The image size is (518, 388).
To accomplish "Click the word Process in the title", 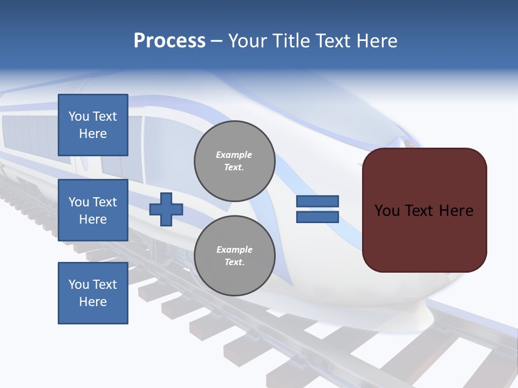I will pos(169,41).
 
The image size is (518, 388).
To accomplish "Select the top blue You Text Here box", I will pos(93,125).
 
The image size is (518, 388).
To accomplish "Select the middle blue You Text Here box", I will pos(93,210).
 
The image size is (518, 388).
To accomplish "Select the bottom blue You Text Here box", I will pos(93,293).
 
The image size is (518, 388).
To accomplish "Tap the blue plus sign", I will pos(166,209).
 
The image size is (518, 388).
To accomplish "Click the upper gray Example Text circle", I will pos(234,161).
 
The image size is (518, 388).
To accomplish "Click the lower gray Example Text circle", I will pos(234,256).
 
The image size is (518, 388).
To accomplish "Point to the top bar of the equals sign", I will pos(317,201).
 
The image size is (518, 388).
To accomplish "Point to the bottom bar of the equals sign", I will pos(317,217).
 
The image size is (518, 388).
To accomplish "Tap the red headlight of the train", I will pos(408,144).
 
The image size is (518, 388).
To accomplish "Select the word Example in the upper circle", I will pos(234,155).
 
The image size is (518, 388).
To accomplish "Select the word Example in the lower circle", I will pos(234,250).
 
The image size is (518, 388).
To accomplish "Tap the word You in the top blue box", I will pos(79,116).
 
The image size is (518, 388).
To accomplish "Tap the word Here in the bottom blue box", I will pos(93,302).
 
